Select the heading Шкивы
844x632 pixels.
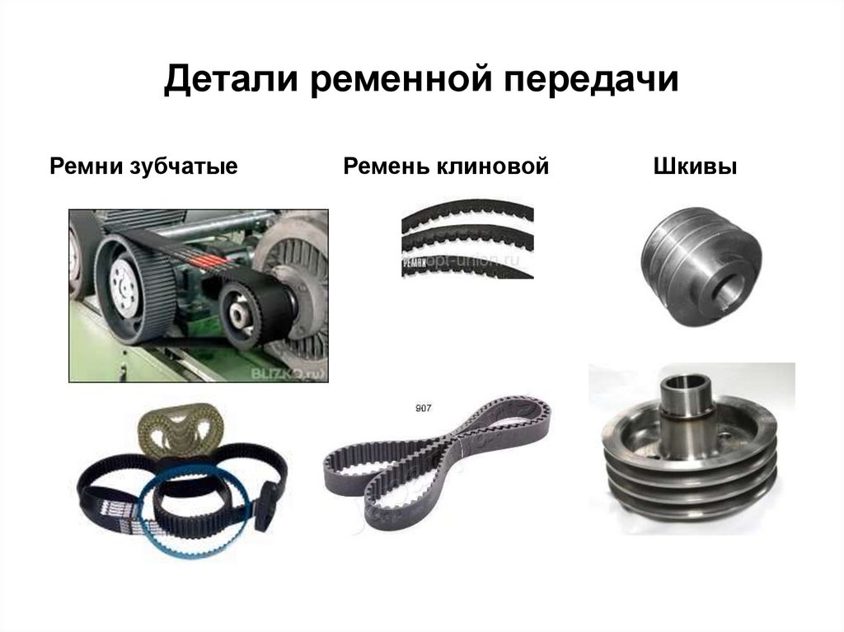pos(695,167)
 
